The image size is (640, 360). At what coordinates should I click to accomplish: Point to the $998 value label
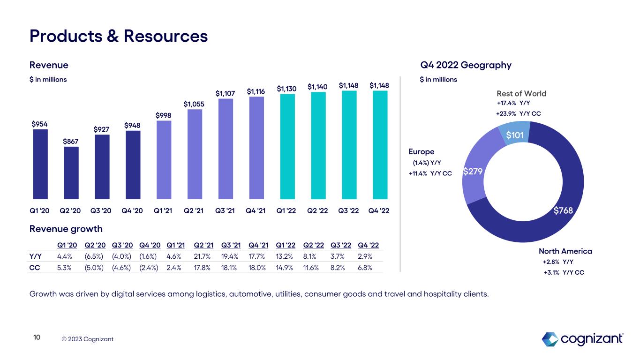[164, 115]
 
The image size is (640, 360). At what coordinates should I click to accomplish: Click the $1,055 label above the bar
[194, 104]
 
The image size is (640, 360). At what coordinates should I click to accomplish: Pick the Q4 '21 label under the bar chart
[256, 210]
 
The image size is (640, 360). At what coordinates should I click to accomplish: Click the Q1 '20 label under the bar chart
[40, 210]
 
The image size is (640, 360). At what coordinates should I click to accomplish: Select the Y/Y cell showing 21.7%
[203, 256]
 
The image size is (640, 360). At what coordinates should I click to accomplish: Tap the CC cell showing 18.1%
[230, 268]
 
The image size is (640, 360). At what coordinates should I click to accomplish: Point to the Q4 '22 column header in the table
[368, 245]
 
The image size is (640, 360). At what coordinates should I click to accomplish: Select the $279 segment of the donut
[473, 172]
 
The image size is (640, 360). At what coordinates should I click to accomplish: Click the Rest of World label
[521, 94]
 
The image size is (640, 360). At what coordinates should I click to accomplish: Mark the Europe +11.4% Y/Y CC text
[430, 173]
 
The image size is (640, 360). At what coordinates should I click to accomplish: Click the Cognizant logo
[582, 338]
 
